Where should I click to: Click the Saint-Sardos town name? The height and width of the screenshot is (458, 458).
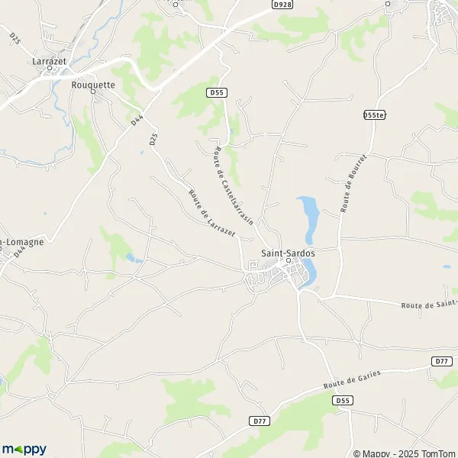[x=288, y=252]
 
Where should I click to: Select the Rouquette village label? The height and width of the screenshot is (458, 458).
[x=92, y=85]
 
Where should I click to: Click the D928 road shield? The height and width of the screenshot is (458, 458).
[x=282, y=5]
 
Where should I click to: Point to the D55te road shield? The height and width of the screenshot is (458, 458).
[x=373, y=114]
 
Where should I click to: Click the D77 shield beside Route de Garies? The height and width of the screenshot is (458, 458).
[x=440, y=361]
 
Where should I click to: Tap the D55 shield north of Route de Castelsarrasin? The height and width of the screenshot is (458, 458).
[x=216, y=92]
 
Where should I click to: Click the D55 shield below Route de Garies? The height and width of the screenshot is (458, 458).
[x=343, y=400]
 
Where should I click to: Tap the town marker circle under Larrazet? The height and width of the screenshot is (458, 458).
[x=51, y=67]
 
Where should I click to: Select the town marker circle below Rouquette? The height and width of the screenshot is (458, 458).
[x=93, y=92]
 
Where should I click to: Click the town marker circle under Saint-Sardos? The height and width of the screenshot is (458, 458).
[x=289, y=260]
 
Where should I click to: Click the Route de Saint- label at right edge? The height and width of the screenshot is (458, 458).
[x=429, y=305]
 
